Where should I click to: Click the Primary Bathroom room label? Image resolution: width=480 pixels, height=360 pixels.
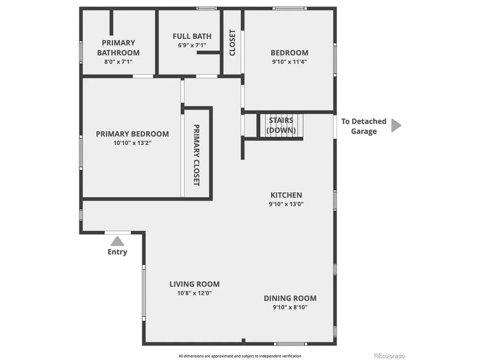118,48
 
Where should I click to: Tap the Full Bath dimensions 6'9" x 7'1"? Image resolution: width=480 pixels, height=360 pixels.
192,45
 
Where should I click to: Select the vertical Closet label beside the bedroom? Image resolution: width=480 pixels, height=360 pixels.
232,42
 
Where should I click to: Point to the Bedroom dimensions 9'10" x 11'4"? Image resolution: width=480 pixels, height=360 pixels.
289,62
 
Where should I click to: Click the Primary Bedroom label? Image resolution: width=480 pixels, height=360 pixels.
132,134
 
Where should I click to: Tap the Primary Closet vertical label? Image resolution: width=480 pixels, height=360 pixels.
197,155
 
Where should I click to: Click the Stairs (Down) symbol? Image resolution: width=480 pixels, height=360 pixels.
281,126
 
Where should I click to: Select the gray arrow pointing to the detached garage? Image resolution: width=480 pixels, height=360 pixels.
396,126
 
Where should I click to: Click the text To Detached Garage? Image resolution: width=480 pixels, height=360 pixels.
363,126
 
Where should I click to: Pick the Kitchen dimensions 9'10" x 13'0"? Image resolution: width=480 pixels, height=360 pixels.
286,204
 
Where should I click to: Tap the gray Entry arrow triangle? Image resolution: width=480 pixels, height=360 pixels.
117,241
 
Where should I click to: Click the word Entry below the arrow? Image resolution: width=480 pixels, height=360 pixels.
117,252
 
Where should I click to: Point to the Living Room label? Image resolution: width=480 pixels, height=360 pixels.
195,284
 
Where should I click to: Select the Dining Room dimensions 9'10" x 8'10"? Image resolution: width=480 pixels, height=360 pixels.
290,307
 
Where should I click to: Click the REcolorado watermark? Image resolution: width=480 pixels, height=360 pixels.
389,356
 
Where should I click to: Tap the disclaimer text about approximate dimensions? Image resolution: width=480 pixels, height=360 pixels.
240,356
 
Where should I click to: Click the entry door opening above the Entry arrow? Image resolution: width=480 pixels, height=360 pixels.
117,233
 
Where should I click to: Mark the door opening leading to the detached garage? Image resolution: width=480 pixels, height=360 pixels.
335,126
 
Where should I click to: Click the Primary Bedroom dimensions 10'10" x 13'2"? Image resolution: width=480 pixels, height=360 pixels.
132,143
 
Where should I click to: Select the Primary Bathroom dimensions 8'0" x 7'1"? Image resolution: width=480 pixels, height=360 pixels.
118,62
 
